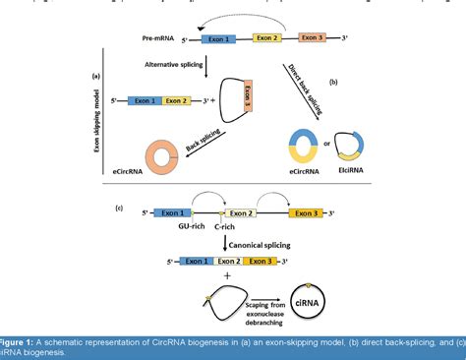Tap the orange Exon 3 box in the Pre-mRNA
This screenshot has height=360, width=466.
pos(313,38)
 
